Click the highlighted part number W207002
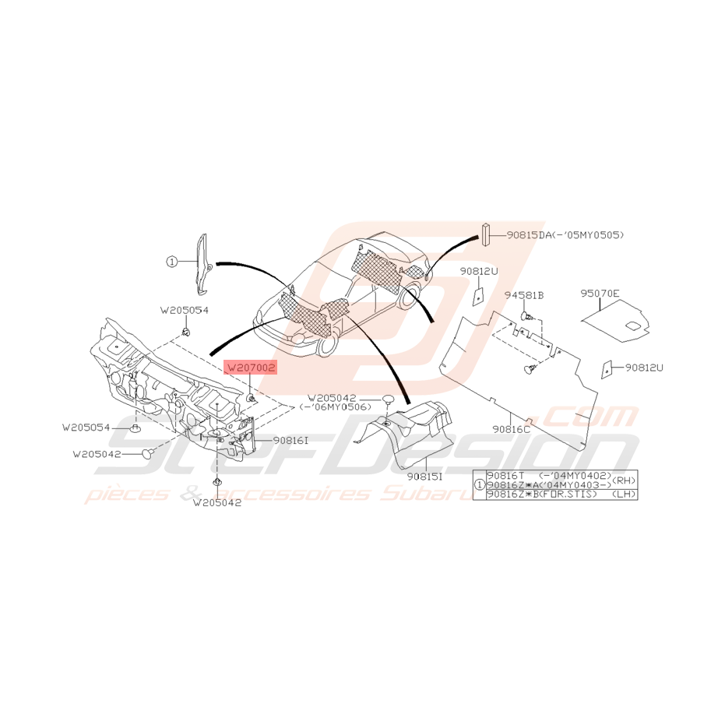pyautogui.click(x=251, y=365)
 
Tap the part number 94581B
pyautogui.click(x=523, y=296)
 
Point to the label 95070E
pyautogui.click(x=600, y=294)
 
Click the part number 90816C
pyautogui.click(x=511, y=428)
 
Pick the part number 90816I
pyautogui.click(x=290, y=441)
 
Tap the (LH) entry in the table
pyautogui.click(x=625, y=494)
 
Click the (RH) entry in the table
pyautogui.click(x=625, y=480)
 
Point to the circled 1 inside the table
pyautogui.click(x=479, y=484)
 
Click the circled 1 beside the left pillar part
pyautogui.click(x=171, y=262)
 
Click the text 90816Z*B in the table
pyautogui.click(x=510, y=494)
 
